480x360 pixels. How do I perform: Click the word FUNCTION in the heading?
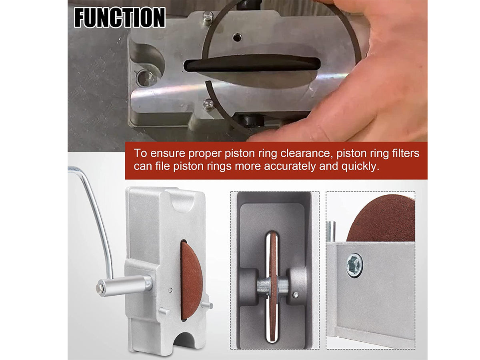(120, 18)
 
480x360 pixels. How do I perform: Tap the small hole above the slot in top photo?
(237, 37)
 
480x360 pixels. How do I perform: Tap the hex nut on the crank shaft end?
(100, 288)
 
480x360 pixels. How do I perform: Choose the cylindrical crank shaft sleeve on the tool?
(125, 286)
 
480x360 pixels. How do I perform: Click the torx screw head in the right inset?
(354, 265)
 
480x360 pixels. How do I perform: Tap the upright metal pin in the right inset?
(331, 231)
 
